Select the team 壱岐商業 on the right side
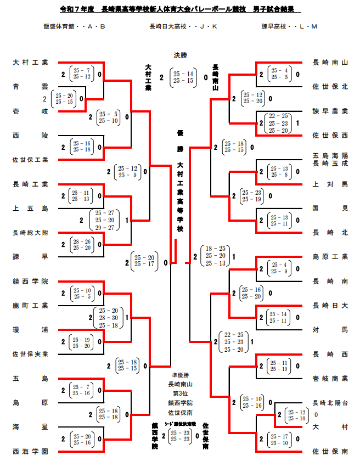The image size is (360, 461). [x=330, y=379]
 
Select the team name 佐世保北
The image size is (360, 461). [x=330, y=87]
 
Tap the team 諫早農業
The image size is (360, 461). [x=330, y=111]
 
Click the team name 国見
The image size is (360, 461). [x=330, y=208]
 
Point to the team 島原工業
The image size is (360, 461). [x=330, y=257]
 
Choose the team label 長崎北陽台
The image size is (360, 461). [x=330, y=402]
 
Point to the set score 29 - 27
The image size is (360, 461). [x=104, y=227]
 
